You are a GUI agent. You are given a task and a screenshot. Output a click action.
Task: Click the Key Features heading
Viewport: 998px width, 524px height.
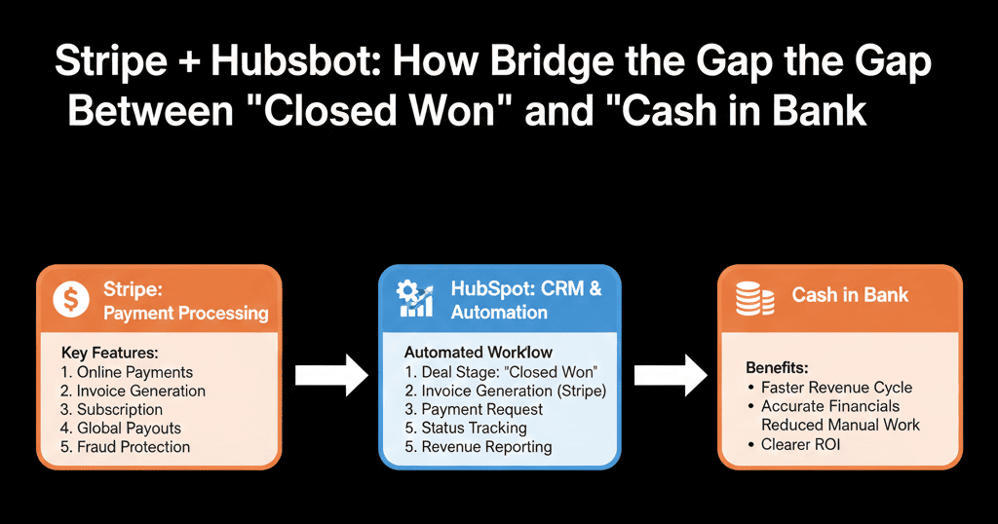(109, 352)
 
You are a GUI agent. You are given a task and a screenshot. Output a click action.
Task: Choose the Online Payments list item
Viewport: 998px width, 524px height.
(126, 372)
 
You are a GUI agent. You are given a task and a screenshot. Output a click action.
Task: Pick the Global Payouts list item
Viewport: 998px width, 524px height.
(121, 429)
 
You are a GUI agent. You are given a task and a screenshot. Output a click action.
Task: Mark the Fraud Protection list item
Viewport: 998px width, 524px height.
(125, 447)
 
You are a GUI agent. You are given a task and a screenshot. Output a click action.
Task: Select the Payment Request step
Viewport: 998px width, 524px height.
(478, 409)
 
